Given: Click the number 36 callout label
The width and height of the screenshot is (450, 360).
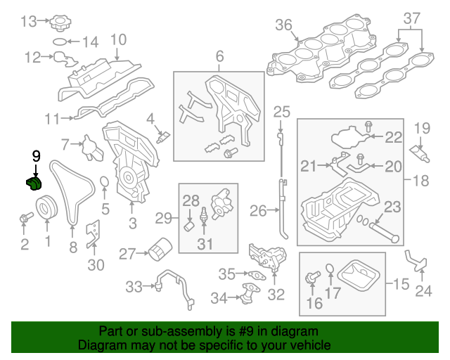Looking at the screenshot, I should click(x=283, y=25).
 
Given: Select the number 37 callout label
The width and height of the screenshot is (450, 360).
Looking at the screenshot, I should click(x=411, y=17).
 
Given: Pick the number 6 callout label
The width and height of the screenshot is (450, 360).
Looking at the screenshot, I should click(x=219, y=56).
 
